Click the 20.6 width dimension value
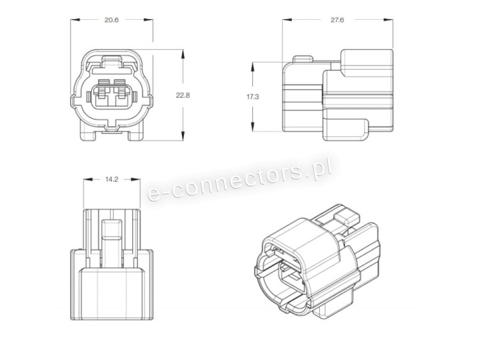pos(111,20)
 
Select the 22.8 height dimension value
pos(183,95)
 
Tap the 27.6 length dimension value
pos(337,20)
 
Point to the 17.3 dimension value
pos(253,97)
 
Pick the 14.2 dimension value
pos(112,179)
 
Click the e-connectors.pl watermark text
pos(240,181)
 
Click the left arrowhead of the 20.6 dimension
pos(75,20)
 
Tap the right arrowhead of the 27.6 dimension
pos(388,20)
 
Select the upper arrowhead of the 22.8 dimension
pos(183,55)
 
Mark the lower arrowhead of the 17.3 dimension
pos(253,127)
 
